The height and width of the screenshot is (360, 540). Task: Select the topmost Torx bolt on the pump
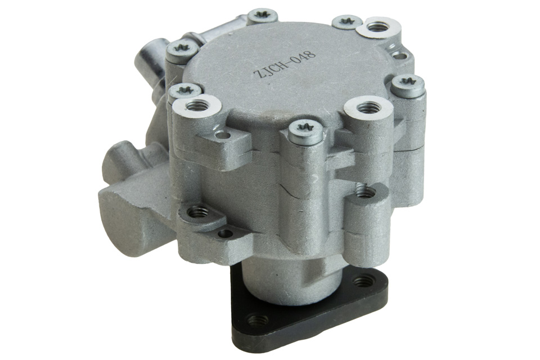pyautogui.click(x=263, y=16)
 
